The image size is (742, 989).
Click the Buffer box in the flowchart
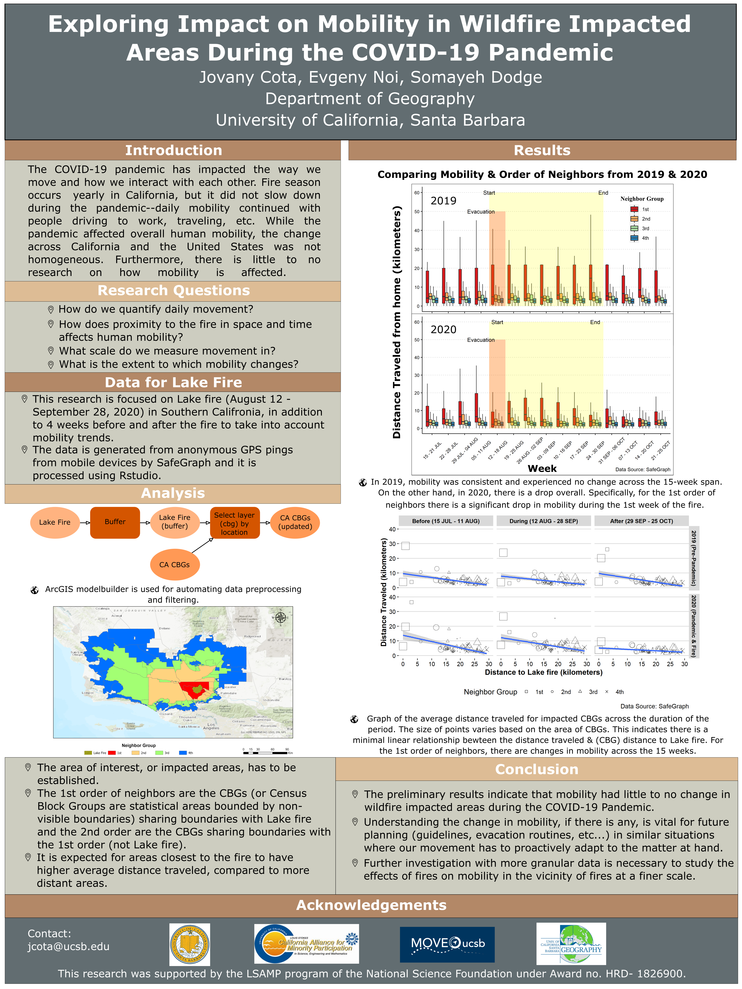pyautogui.click(x=115, y=522)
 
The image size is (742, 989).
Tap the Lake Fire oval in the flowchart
pyautogui.click(x=55, y=522)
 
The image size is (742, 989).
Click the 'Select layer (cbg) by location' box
pyautogui.click(x=234, y=523)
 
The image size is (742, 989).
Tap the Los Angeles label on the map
pyautogui.click(x=211, y=727)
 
